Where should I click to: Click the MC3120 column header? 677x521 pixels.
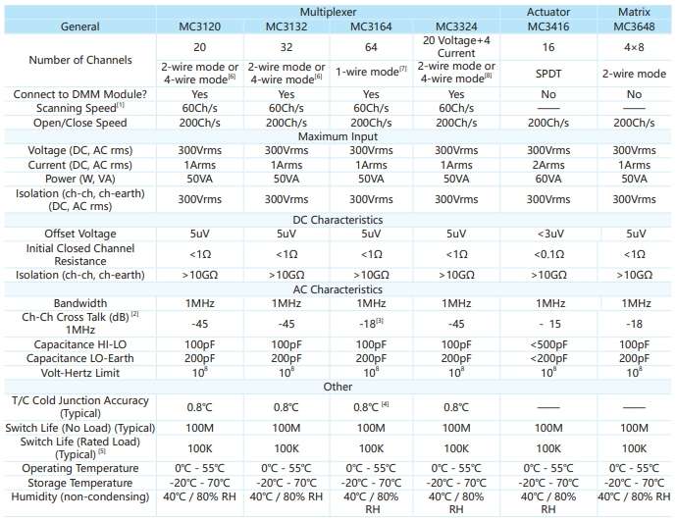199,26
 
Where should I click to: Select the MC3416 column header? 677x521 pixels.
548,26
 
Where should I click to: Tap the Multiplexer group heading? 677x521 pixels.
328,12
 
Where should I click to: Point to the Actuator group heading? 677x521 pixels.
548,12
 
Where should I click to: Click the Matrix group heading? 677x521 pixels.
634,12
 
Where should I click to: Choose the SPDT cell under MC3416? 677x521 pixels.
548,74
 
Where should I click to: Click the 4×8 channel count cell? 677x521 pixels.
634,47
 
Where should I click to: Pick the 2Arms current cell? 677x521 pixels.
548,165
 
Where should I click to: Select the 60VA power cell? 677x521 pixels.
548,179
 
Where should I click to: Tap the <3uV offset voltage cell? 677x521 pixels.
548,234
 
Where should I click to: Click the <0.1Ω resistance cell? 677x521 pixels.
548,254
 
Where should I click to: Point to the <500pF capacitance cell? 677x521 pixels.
548,344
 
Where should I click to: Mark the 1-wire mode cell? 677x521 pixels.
371,72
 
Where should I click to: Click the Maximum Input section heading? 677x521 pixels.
338,136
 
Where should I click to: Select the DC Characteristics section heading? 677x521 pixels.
338,220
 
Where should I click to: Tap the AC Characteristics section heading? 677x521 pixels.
338,289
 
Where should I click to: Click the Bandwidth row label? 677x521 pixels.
80,303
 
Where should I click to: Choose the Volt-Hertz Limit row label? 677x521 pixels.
80,373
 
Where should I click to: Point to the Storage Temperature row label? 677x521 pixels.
80,483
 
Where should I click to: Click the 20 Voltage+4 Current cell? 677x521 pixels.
456,47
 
